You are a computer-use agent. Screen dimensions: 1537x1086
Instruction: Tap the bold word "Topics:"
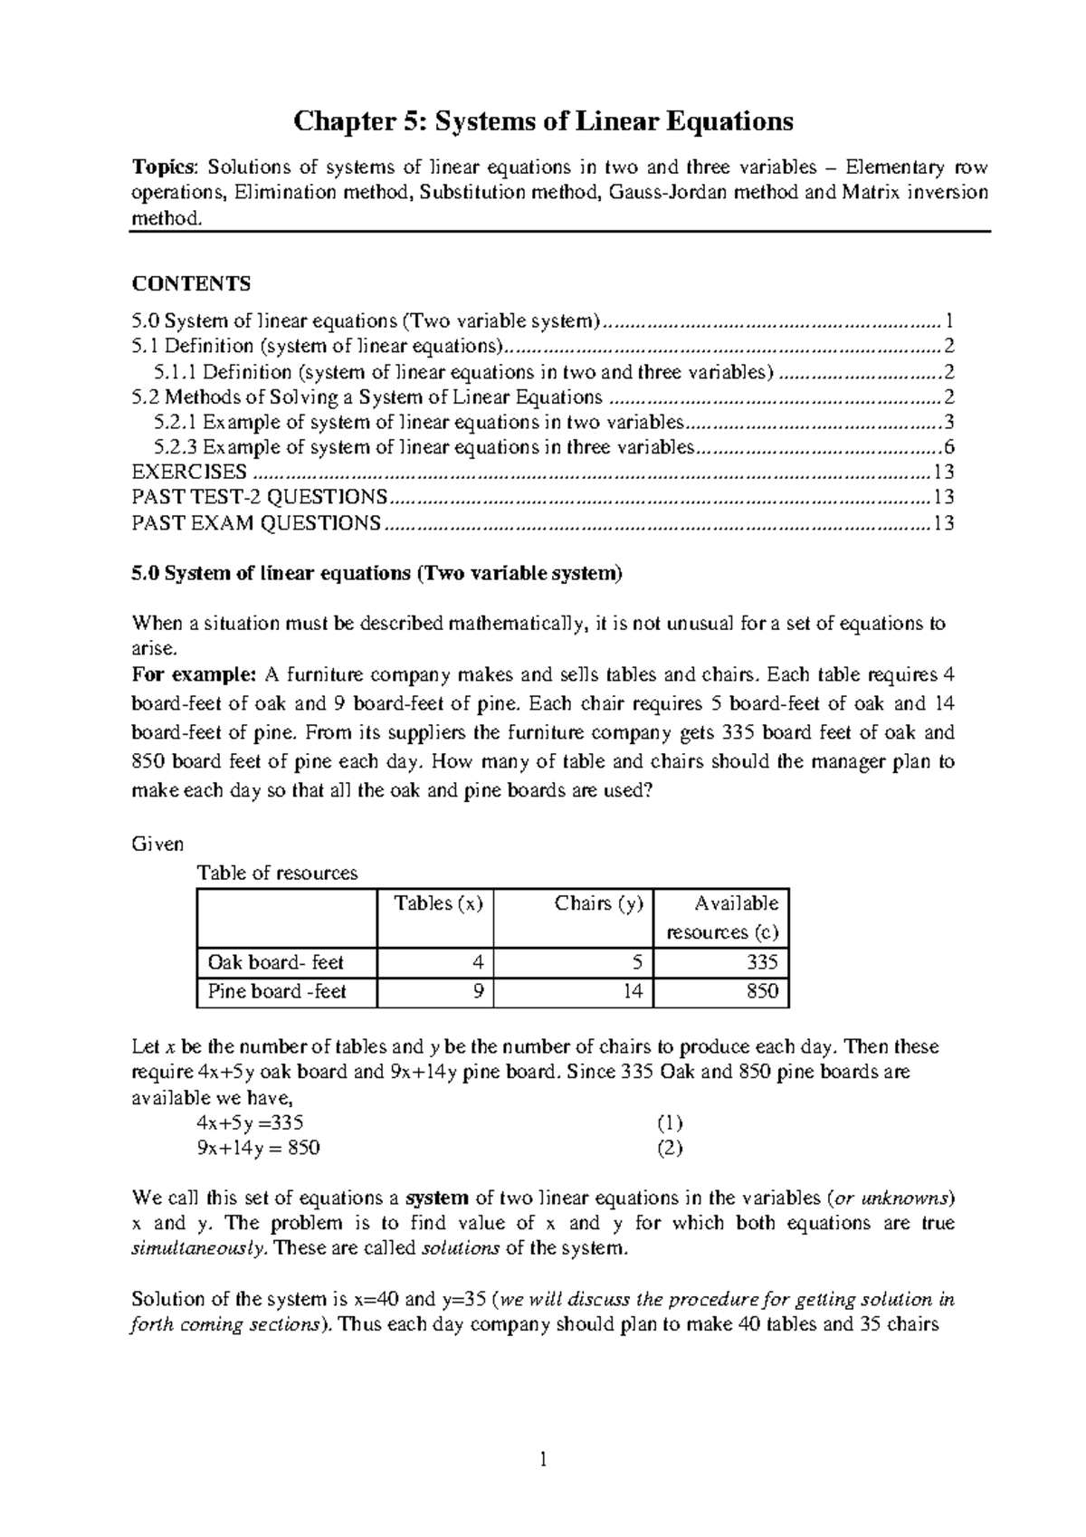click(163, 167)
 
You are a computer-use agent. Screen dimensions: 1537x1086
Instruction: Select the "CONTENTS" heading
click(191, 284)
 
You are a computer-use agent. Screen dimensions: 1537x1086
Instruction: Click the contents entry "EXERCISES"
click(189, 472)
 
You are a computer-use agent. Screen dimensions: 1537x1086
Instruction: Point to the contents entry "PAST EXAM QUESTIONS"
click(256, 523)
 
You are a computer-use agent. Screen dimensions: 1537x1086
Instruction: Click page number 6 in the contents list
click(948, 447)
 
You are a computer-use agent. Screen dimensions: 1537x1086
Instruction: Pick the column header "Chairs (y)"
click(598, 903)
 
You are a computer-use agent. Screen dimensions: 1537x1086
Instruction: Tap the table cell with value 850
click(762, 992)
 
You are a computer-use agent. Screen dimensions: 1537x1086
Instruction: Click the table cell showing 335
click(762, 962)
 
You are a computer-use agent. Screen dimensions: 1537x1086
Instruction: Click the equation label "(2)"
click(669, 1149)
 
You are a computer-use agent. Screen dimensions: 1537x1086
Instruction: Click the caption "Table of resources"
click(277, 874)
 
